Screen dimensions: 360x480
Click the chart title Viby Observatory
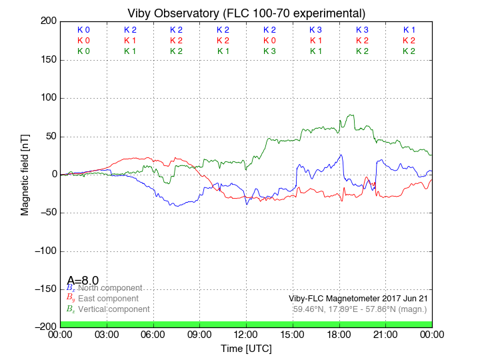coord(247,13)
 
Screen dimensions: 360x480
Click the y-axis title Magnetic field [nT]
coord(25,174)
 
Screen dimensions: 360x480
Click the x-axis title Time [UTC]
coord(247,349)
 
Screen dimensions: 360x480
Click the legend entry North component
coord(110,287)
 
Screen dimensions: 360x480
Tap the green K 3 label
coord(269,51)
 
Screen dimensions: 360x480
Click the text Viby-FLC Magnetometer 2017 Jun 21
coord(358,298)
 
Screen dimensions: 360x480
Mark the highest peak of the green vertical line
coord(351,115)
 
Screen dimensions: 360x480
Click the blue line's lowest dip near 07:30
coord(176,206)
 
